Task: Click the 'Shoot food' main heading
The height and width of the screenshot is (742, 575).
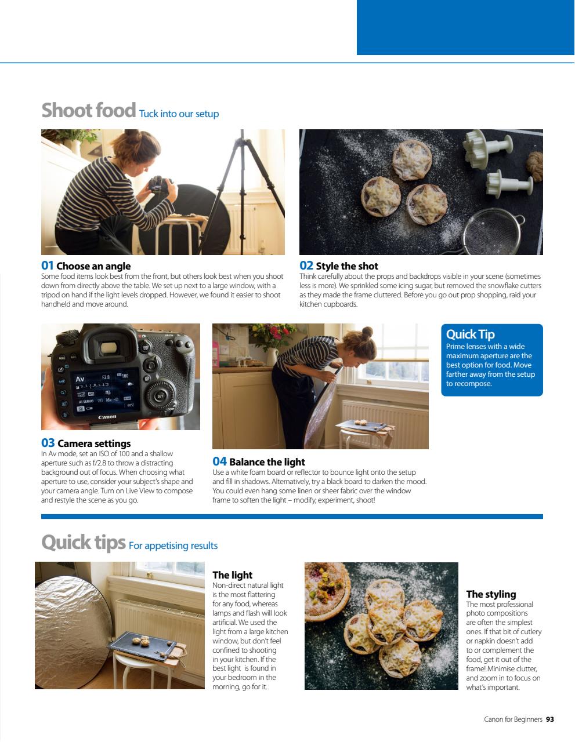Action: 88,110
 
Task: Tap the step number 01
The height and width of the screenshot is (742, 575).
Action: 47,265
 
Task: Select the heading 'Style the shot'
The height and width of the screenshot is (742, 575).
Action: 346,266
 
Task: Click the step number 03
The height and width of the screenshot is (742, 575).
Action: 48,443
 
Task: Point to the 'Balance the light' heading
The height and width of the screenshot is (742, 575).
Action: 267,462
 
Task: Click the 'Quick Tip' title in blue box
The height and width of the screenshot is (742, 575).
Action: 470,334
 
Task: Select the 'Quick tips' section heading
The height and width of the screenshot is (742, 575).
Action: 83,543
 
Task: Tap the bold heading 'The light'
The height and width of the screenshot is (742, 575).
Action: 232,575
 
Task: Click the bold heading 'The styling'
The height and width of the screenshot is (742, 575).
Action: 491,594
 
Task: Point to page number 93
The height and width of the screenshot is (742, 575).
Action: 549,719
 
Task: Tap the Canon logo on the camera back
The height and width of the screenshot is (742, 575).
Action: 107,417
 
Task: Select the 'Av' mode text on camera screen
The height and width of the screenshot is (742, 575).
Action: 79,379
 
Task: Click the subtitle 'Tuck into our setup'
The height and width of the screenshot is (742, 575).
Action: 179,114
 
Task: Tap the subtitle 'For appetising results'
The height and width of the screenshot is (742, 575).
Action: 173,545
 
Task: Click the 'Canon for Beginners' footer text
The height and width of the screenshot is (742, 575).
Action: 513,719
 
